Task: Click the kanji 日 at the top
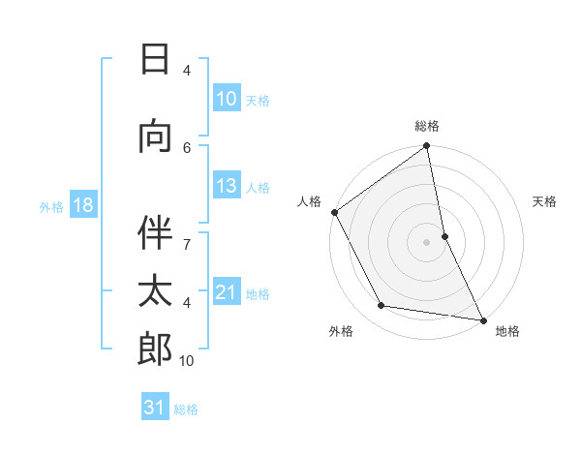point(155,60)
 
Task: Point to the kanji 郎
point(155,349)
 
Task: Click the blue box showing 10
point(226,99)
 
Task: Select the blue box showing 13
point(226,187)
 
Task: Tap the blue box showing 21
point(226,292)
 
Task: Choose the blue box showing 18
point(82,205)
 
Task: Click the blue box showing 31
point(154,408)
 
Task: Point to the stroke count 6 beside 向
point(187,146)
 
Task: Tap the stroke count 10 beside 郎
point(187,360)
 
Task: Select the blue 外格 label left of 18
point(51,206)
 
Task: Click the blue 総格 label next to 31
point(186,409)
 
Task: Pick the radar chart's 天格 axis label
point(544,201)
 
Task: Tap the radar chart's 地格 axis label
point(507,331)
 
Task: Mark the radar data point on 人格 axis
point(334,212)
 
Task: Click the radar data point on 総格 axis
point(426,146)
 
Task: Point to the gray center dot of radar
point(426,242)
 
